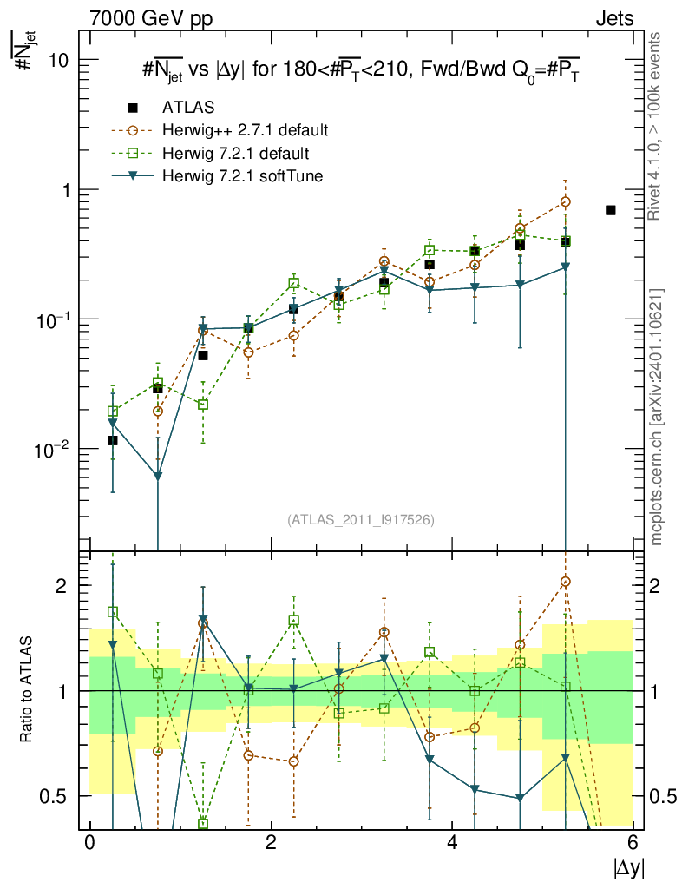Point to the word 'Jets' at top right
pyautogui.click(x=613, y=18)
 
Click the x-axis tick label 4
pyautogui.click(x=452, y=843)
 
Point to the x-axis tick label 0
pyautogui.click(x=89, y=843)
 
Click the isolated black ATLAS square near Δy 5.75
pyautogui.click(x=611, y=210)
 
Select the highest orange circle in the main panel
pyautogui.click(x=566, y=201)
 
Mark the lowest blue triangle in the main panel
pyautogui.click(x=158, y=476)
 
